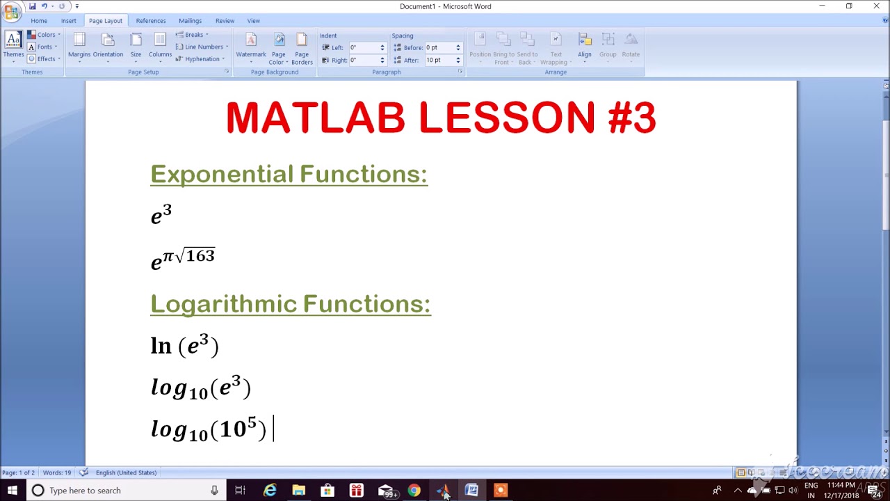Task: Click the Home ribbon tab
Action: click(x=39, y=21)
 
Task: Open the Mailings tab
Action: click(x=190, y=21)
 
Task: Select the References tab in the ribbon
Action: click(x=151, y=21)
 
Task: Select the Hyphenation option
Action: click(x=202, y=59)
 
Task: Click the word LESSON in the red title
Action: click(x=507, y=118)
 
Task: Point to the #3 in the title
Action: click(x=631, y=118)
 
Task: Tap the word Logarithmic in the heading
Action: click(x=223, y=304)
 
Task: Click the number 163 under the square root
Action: click(x=200, y=256)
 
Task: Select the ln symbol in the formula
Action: click(x=161, y=346)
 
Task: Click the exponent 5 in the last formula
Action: click(x=252, y=422)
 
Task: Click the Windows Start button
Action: click(x=12, y=491)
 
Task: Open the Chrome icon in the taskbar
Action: click(x=414, y=491)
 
